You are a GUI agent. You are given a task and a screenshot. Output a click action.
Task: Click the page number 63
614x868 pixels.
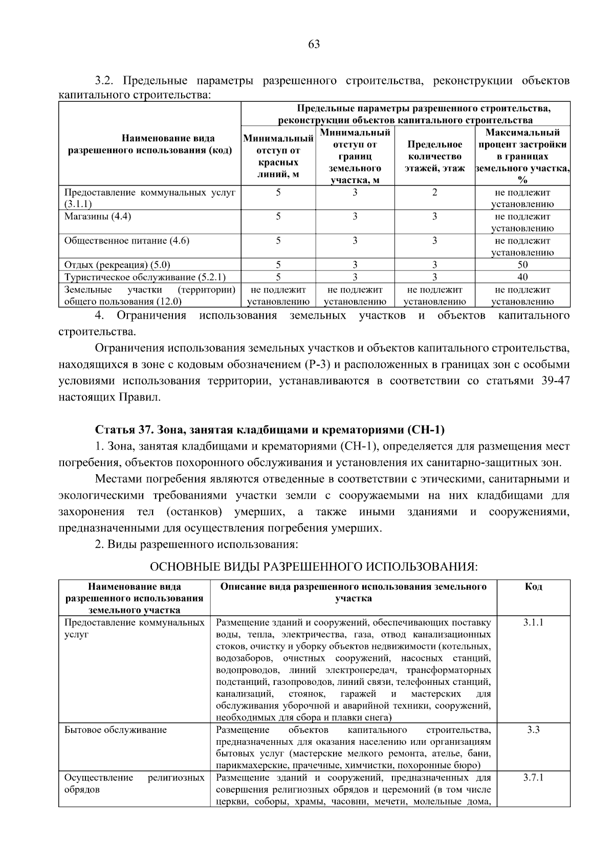click(314, 44)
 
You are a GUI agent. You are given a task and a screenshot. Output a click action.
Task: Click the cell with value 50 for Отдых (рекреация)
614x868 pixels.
click(522, 264)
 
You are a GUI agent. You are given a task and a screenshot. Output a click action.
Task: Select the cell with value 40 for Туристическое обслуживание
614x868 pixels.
click(522, 277)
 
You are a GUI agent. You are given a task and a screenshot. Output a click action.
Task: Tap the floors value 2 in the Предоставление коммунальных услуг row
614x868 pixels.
click(434, 192)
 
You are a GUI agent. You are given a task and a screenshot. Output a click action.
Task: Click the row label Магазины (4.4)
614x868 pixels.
click(98, 216)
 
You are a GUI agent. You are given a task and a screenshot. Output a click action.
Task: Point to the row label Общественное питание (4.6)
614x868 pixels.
click(126, 240)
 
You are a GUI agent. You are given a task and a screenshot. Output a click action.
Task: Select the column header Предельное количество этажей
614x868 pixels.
click(434, 156)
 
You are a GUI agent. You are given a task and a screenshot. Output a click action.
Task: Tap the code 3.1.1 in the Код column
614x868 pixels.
click(533, 622)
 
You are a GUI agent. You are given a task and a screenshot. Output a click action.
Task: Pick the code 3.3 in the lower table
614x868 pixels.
click(533, 730)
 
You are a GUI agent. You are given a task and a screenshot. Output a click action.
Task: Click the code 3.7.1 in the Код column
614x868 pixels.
click(533, 777)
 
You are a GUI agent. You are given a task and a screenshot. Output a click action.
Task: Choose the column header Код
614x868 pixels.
click(533, 586)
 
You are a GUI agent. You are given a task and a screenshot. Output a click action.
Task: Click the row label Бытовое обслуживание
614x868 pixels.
click(116, 730)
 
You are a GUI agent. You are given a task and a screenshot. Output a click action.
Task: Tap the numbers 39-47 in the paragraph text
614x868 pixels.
click(555, 381)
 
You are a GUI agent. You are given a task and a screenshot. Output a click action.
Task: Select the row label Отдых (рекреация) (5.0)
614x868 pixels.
click(117, 264)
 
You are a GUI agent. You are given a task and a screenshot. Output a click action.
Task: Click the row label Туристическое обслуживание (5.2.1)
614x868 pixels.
click(145, 277)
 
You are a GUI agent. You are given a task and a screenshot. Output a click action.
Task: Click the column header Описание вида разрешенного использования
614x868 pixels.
click(353, 592)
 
